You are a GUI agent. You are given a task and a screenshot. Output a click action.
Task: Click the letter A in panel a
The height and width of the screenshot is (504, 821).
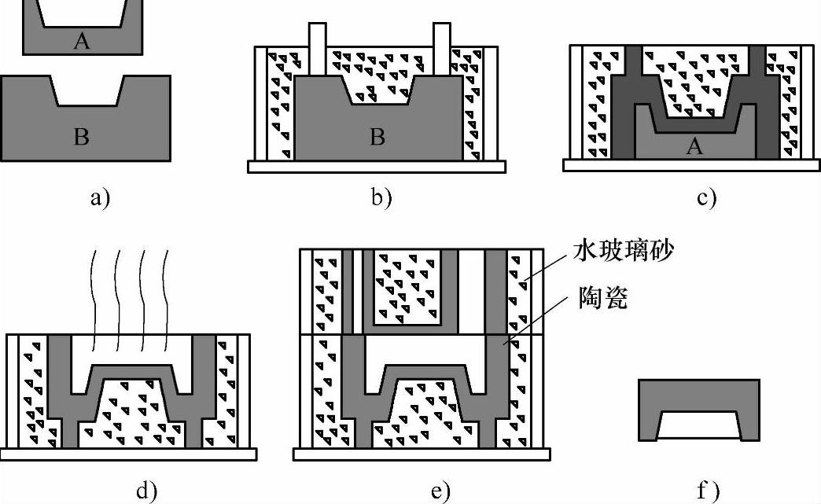pos(82,41)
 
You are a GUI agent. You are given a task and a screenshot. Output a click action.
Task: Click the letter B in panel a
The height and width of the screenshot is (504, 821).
pos(81,137)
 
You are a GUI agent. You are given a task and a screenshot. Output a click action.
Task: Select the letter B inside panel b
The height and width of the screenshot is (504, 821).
pos(377,137)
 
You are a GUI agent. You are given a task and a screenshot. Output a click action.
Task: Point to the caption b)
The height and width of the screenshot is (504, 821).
pos(381,197)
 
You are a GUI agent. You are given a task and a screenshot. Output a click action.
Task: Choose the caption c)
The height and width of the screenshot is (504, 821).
pos(706,197)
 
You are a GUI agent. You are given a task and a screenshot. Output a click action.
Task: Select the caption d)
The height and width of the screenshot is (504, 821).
pos(146,491)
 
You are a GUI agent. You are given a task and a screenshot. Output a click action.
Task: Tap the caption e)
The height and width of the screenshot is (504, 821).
pos(440,491)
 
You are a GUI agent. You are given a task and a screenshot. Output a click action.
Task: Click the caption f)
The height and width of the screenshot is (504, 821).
pos(707,491)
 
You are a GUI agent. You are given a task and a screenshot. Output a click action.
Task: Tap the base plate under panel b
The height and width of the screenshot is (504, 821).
pos(377,167)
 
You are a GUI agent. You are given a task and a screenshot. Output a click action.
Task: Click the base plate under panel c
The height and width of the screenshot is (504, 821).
pos(692,164)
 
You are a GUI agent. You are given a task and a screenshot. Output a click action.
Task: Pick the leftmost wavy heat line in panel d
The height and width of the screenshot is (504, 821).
pos(93,299)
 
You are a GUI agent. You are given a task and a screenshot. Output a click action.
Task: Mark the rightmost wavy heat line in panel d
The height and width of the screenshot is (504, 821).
pos(168,299)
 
